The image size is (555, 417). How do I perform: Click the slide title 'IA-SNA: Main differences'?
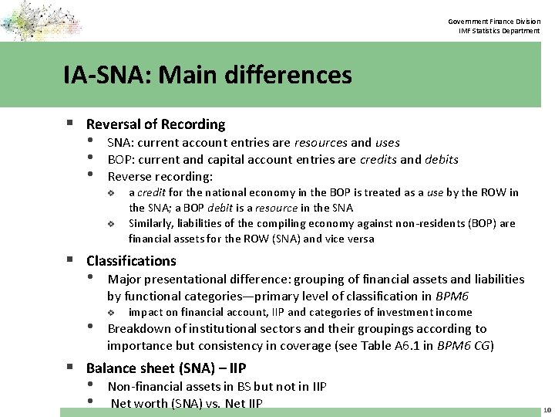point(209,76)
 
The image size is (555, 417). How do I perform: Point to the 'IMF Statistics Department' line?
point(500,30)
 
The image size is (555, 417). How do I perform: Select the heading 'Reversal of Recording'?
point(156,124)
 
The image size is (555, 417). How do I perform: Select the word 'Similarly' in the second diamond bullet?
point(147,223)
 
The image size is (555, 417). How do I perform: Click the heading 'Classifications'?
point(131,261)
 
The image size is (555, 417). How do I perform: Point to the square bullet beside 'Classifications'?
point(71,261)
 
